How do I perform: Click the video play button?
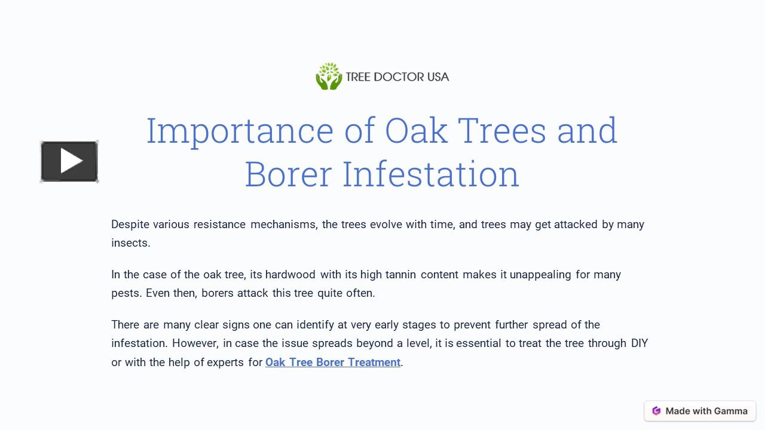(x=69, y=161)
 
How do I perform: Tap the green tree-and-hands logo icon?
(x=329, y=76)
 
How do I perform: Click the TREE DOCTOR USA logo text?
(x=397, y=77)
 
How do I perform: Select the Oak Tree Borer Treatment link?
(x=332, y=362)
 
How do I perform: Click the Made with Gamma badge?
(x=700, y=411)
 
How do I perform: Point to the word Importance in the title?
(x=240, y=131)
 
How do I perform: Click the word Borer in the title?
(x=288, y=174)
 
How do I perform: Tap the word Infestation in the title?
(x=430, y=174)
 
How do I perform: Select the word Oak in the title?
(x=416, y=131)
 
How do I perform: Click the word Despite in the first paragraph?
(x=130, y=225)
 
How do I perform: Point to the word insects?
(x=130, y=243)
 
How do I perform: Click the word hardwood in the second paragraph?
(x=290, y=275)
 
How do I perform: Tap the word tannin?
(x=400, y=275)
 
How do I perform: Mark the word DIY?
(x=639, y=343)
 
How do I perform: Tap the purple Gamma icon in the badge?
(x=656, y=411)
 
